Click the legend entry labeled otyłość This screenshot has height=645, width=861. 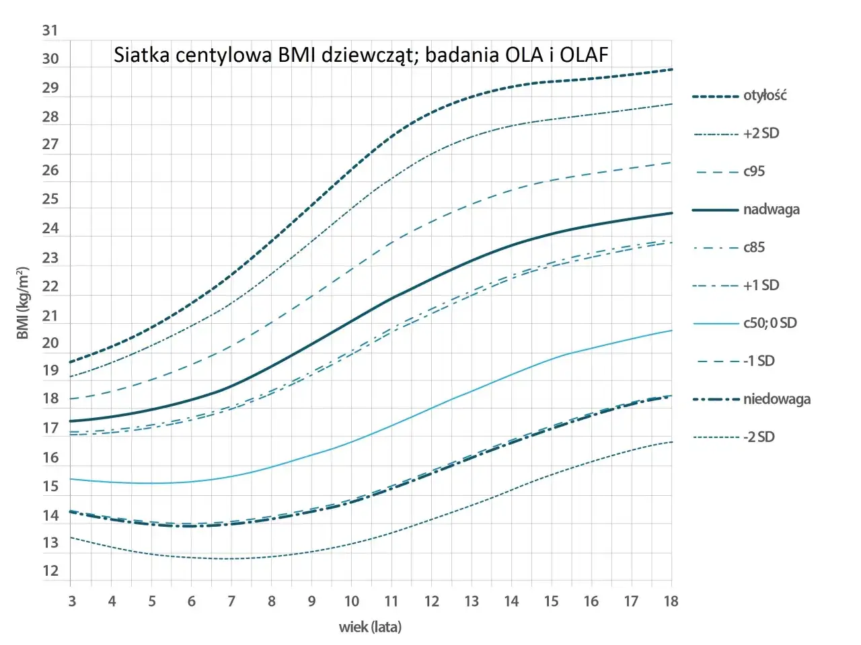764,95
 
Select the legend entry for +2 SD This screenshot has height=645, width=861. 761,134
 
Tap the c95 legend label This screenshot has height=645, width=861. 754,171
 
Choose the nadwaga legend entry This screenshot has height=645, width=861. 771,210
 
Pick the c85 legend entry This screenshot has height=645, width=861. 754,247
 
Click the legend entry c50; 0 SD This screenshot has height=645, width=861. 770,323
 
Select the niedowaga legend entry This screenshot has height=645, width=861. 776,399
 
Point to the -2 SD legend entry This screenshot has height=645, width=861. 759,437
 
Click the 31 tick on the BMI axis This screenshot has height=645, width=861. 50,30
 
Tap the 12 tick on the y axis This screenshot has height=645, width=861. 50,572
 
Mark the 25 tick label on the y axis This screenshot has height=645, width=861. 50,200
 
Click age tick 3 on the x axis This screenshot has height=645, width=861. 72,601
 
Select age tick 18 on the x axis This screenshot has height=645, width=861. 671,601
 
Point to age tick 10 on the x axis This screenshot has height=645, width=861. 351,601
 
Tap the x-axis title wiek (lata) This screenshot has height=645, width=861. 370,628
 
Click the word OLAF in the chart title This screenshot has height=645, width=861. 584,54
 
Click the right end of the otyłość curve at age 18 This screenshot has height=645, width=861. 671,69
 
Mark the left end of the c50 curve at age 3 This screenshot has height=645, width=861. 71,479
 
